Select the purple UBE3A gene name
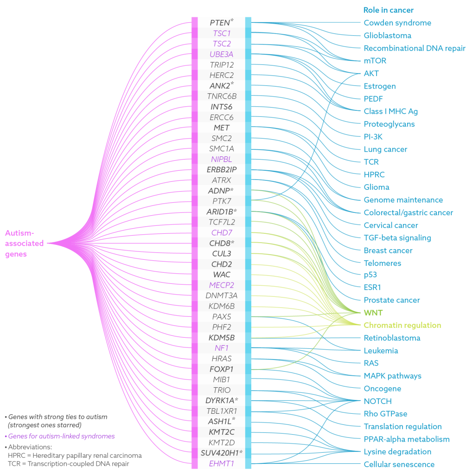222,54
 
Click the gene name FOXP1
222,369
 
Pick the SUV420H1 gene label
222,452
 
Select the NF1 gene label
222,348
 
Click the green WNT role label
373,313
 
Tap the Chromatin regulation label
402,325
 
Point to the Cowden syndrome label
397,23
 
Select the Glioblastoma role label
387,35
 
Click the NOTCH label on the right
377,401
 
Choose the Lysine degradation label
397,451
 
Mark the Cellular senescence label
399,464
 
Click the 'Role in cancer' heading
388,10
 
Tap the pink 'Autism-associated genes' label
25,244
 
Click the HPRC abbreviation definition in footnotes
75,455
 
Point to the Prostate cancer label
391,300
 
